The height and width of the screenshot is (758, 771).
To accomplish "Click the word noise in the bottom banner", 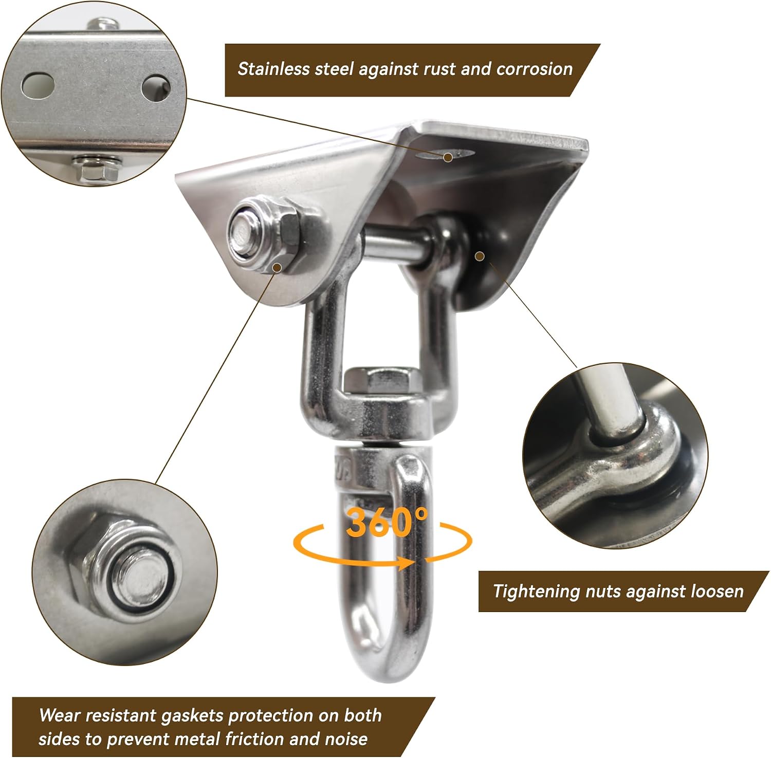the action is pos(346,739).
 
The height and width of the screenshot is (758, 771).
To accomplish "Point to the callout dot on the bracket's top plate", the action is pos(448,157).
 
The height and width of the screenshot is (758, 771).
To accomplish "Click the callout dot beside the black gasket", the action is pos(480,255).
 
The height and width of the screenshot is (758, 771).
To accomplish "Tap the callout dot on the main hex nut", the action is pos(278,267).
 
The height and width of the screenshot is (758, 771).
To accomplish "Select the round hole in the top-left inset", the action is pos(156,88).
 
